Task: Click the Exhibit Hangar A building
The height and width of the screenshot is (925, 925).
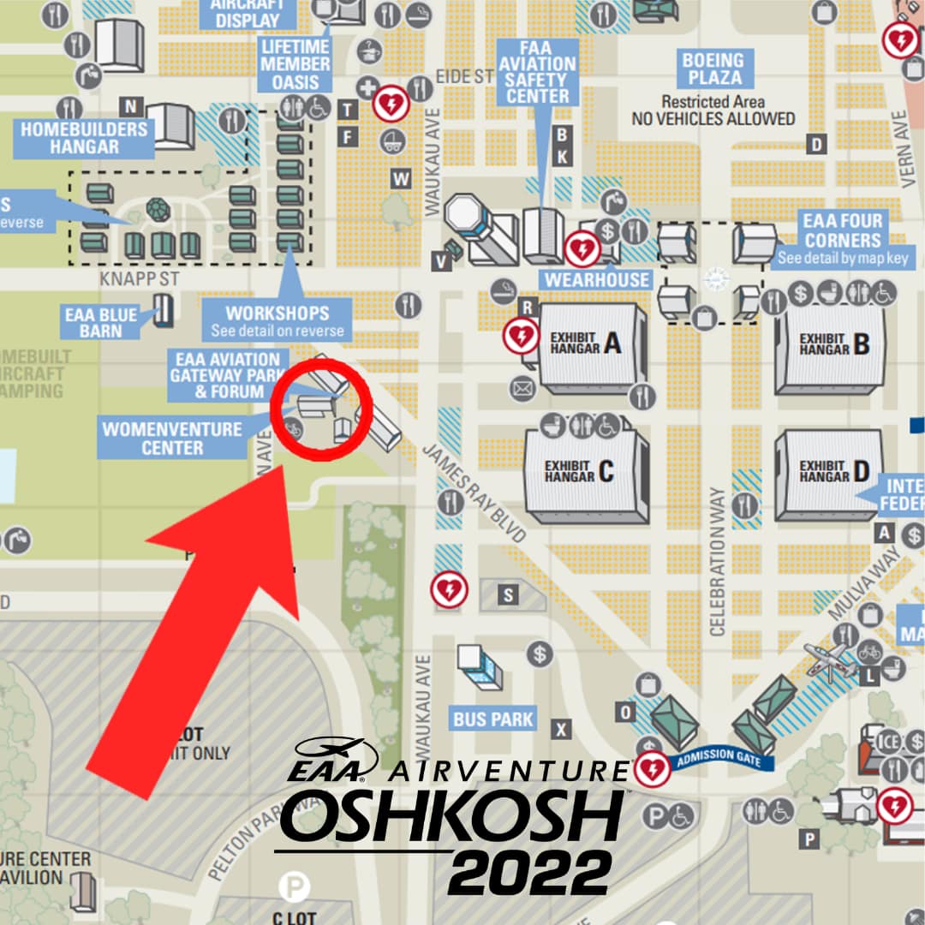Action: click(x=591, y=347)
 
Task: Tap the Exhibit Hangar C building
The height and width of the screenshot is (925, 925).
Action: click(x=586, y=474)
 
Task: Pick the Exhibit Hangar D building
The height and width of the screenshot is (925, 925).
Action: click(x=828, y=474)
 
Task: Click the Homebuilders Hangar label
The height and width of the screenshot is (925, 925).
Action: click(x=83, y=138)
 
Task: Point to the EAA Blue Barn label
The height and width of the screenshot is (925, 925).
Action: click(x=101, y=322)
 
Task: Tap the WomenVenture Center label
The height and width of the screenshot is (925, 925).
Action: click(x=172, y=437)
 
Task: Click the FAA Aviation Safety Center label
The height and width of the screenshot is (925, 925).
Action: click(x=537, y=72)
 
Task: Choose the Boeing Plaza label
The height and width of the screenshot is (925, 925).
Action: click(x=713, y=69)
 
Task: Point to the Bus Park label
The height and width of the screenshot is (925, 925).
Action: click(x=493, y=719)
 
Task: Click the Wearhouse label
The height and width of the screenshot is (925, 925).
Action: click(x=597, y=279)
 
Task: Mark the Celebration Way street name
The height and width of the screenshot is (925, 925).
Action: click(x=718, y=561)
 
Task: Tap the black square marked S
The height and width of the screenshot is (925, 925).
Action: click(x=509, y=594)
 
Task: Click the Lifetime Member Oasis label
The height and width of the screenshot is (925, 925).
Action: click(x=295, y=64)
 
